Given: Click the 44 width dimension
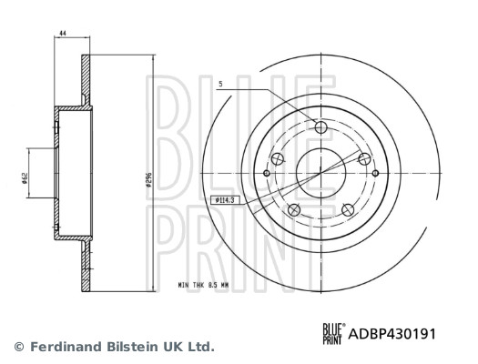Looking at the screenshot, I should (62, 34).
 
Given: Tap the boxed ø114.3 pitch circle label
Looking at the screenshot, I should (223, 198).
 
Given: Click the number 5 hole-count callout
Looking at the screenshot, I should (220, 85).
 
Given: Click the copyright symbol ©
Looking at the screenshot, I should (18, 347).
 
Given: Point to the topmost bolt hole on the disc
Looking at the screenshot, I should (320, 126).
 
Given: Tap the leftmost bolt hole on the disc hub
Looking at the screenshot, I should (267, 171).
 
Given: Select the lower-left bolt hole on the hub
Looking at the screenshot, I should (293, 211).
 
